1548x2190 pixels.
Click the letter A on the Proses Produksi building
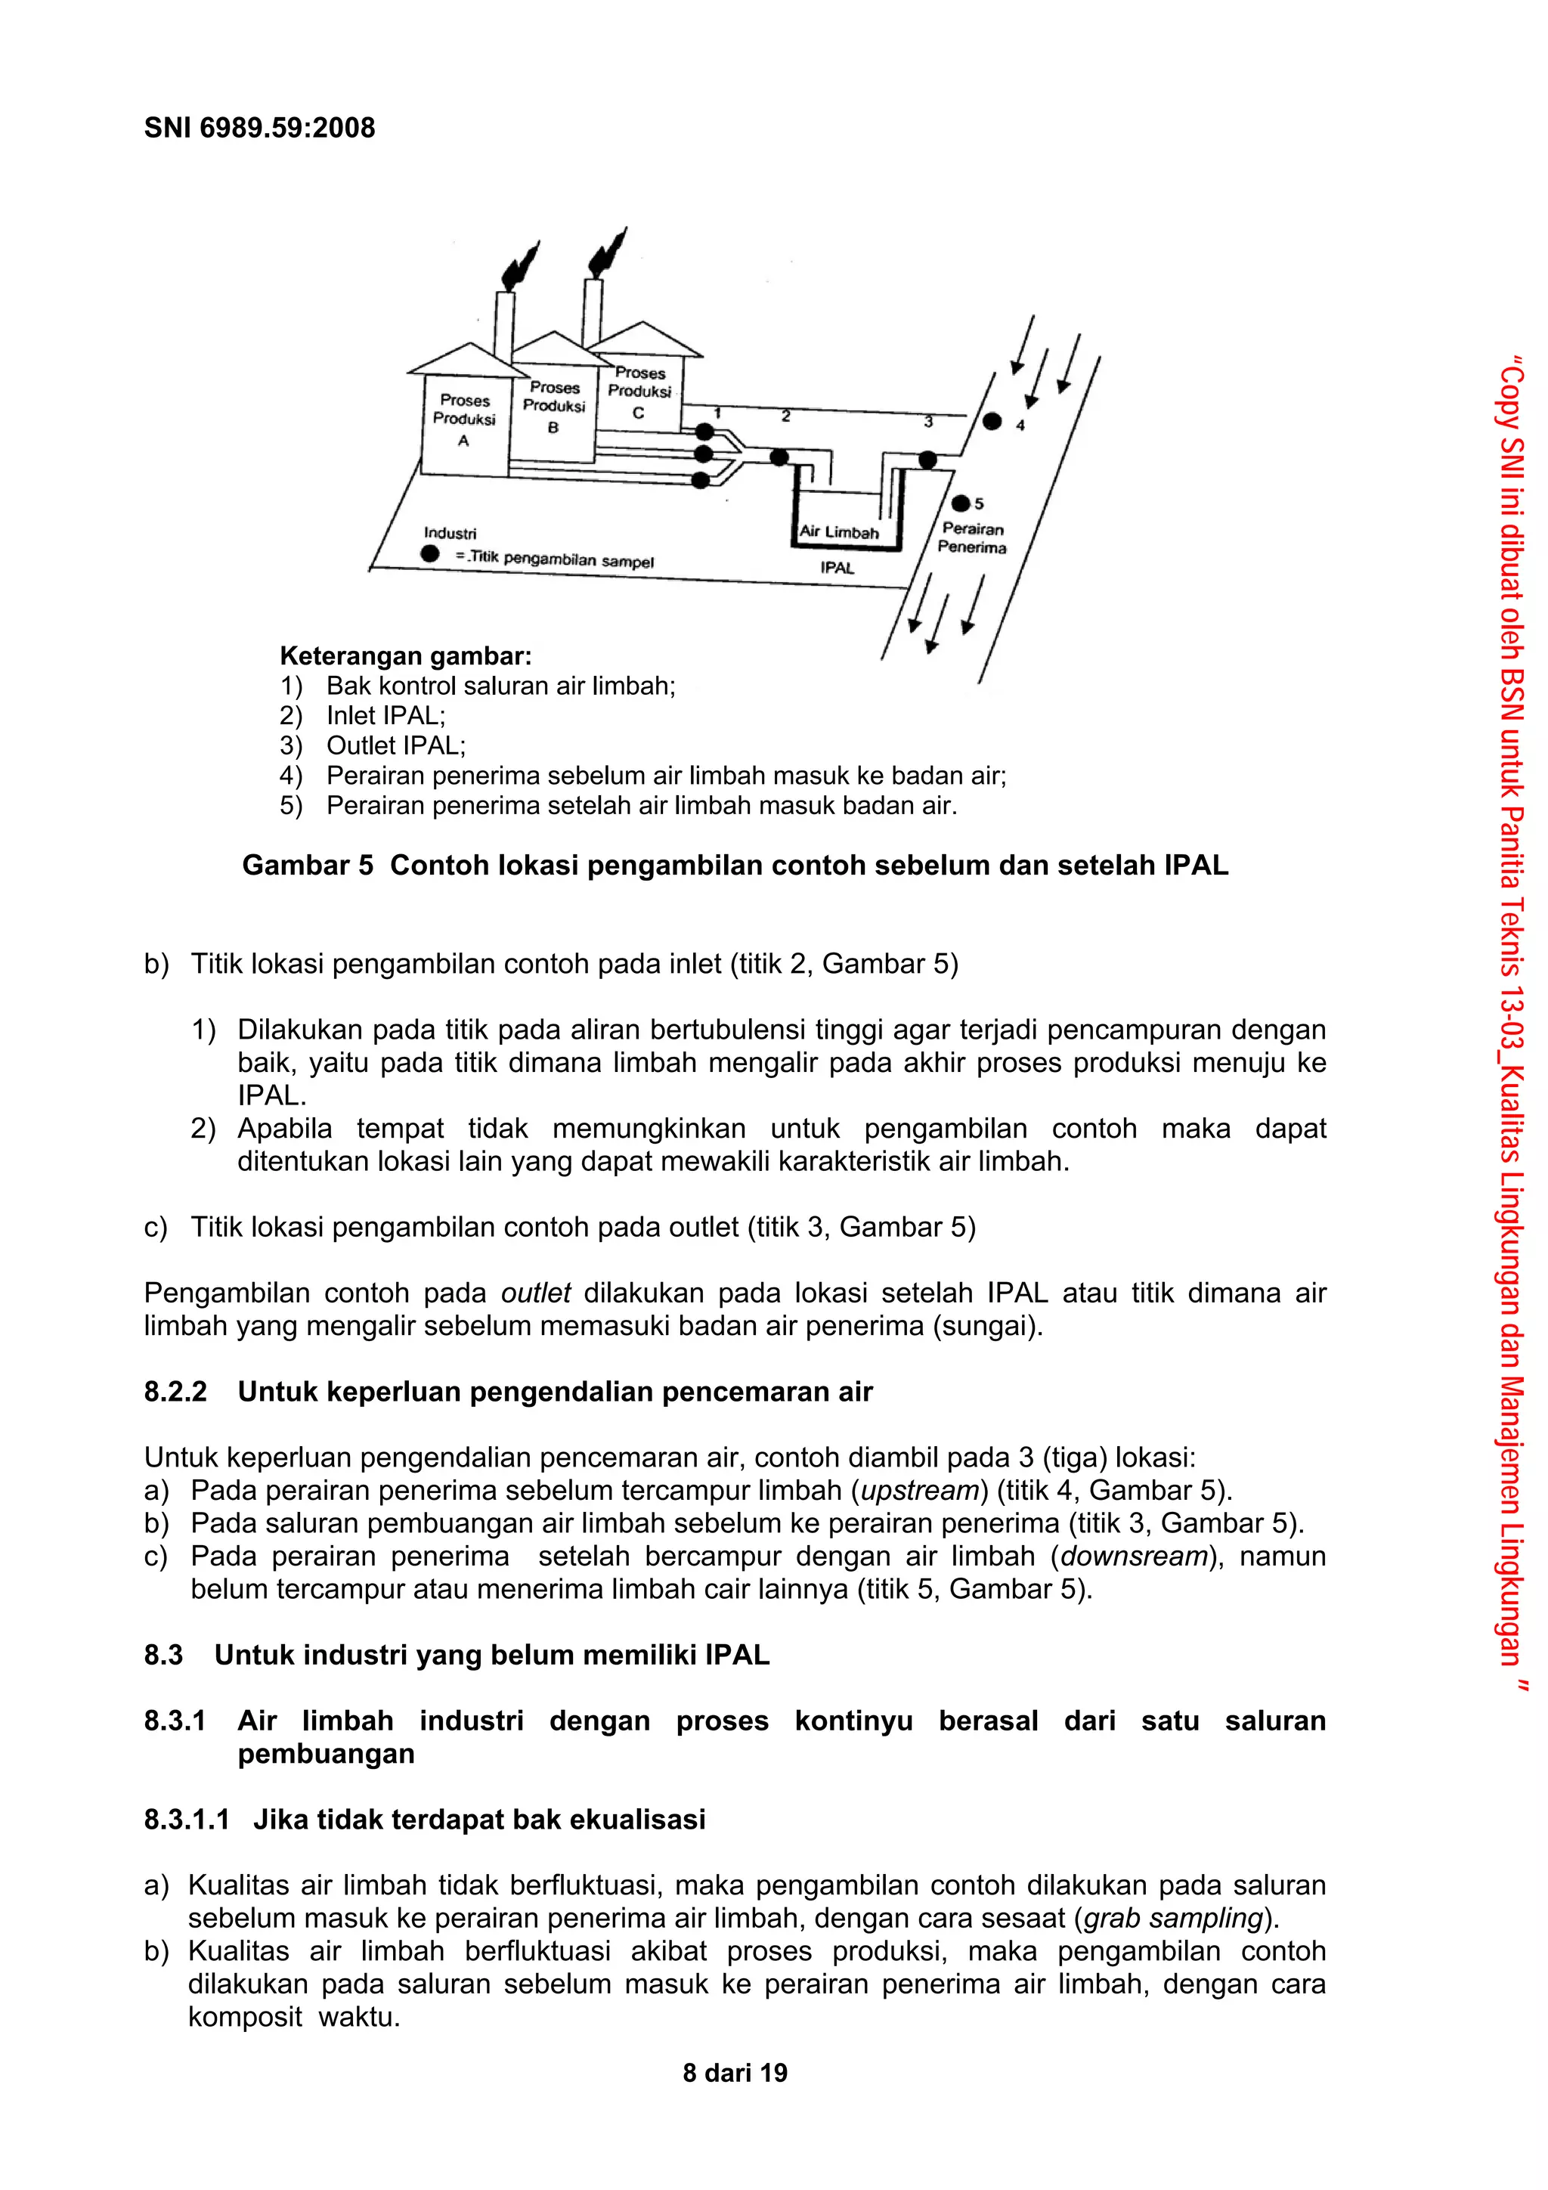pos(463,441)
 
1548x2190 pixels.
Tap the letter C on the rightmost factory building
pos(638,413)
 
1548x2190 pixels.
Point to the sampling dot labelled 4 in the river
pos(992,420)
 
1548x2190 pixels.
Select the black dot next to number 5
pos(961,503)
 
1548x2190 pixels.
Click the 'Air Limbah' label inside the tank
pos(838,532)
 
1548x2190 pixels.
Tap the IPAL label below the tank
pos(837,568)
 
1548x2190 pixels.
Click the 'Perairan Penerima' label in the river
pos(972,538)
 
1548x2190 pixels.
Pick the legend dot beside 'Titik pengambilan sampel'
pos(430,553)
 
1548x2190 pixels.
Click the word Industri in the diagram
pos(449,533)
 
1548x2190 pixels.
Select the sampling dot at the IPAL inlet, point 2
pos(779,457)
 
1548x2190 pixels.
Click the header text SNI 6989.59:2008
pos(259,128)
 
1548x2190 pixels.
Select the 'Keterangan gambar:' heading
pos(405,656)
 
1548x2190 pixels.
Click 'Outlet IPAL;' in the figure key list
pos(396,745)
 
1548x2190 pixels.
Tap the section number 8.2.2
pos(175,1392)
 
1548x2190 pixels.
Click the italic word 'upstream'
pos(921,1490)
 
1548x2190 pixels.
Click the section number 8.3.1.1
pos(187,1819)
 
